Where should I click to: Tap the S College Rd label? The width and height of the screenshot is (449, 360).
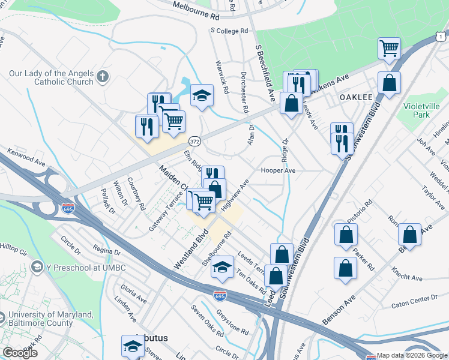click(229, 31)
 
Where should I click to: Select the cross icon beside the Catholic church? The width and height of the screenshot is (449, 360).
click(103, 76)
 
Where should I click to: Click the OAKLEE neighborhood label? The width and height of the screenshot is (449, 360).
click(356, 97)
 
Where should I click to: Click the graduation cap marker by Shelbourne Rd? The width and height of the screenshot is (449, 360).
click(222, 267)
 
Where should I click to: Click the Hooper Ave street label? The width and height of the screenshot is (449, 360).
click(278, 170)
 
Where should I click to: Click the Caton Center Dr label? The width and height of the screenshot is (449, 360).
click(414, 298)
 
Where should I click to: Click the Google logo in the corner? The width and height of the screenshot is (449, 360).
click(20, 353)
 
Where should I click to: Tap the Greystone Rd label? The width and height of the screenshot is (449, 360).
click(232, 321)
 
